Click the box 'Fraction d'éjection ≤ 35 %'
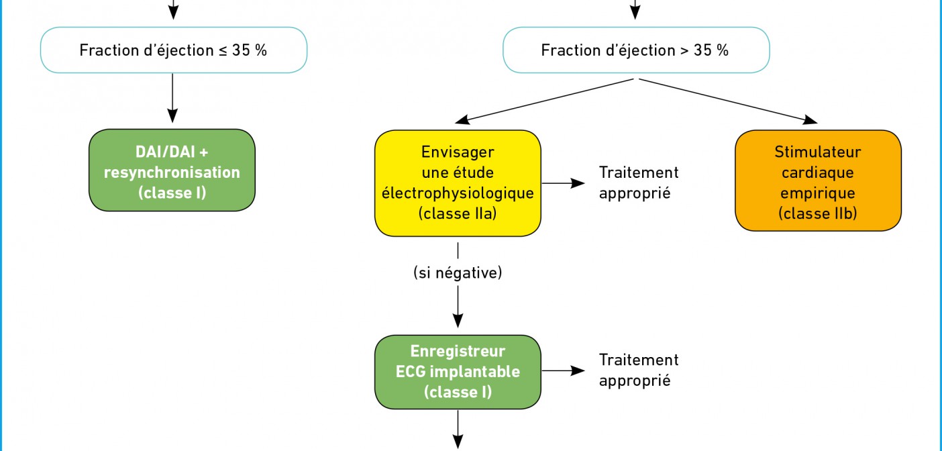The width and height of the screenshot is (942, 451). point(174,50)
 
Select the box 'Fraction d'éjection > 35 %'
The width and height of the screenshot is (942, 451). point(636,50)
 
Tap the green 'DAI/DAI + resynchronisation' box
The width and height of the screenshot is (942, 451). point(172,170)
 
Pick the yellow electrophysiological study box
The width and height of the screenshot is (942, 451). point(458,183)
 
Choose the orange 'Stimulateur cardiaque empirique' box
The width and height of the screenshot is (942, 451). point(818,181)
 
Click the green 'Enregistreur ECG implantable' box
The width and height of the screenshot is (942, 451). point(458,372)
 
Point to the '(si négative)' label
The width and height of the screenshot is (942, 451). point(458,272)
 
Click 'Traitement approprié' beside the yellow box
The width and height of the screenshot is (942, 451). point(639,183)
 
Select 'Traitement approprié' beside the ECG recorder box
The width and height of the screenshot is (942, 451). point(639,370)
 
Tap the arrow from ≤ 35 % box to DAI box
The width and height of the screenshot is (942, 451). point(172,98)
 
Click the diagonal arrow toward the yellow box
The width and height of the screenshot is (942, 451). point(544,101)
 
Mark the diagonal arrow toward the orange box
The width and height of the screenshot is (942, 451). point(729,101)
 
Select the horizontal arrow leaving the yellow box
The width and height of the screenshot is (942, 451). point(564,183)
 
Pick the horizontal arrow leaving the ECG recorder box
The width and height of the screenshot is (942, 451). point(564,370)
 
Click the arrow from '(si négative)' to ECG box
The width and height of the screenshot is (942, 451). point(458,307)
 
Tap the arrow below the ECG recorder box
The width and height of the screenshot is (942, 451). point(458,430)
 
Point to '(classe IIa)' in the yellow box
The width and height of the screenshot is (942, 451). point(458,213)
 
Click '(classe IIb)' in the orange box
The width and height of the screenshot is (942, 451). point(818,213)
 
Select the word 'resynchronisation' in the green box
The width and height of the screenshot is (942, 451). point(172,172)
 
